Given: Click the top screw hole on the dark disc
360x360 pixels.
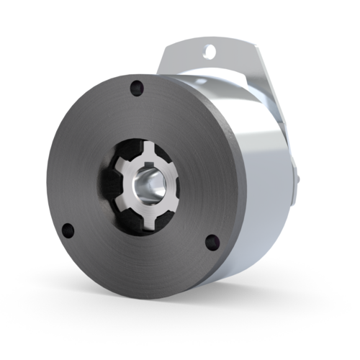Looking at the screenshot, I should (134, 89).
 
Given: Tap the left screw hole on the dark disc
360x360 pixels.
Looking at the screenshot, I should (68, 230).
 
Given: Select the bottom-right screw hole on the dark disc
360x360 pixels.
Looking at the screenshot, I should (211, 241).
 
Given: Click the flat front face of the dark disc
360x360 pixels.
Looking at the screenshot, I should (94, 158).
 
